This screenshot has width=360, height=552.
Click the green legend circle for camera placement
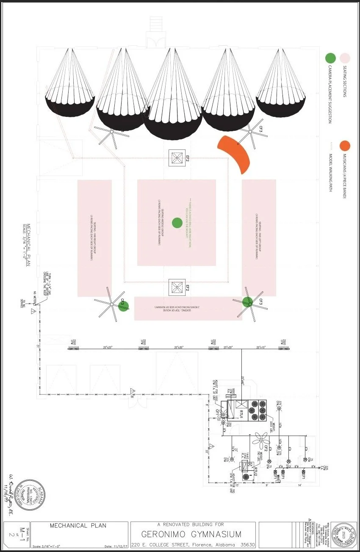click(331, 58)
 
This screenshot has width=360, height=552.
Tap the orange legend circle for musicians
click(345, 146)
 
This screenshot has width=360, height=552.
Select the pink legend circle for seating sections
click(345, 58)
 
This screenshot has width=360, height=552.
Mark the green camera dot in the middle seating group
click(177, 222)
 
